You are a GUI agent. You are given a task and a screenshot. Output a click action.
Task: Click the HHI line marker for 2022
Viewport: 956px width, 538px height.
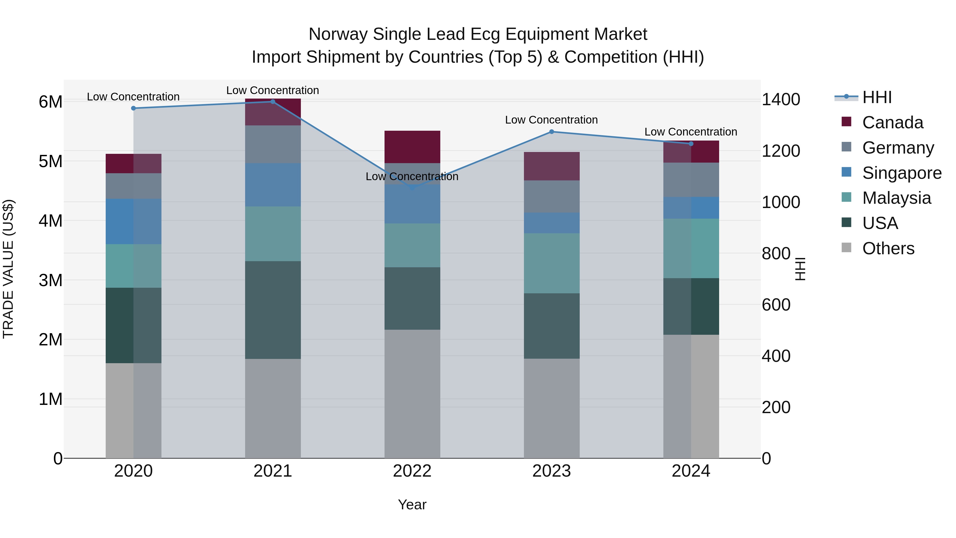click(x=412, y=188)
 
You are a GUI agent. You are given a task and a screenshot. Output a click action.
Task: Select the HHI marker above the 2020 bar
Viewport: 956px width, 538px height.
click(x=134, y=108)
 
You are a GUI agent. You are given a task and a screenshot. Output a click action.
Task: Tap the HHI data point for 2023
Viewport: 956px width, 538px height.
click(x=552, y=132)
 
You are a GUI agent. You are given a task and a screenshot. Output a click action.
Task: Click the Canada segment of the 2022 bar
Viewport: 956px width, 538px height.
click(x=412, y=147)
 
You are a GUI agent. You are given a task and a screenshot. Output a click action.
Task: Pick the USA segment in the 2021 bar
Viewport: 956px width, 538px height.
click(x=273, y=310)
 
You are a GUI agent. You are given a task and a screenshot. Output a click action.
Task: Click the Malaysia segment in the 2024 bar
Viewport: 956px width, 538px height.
click(x=691, y=248)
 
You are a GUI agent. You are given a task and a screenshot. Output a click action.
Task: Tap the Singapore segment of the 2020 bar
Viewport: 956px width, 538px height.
click(x=134, y=221)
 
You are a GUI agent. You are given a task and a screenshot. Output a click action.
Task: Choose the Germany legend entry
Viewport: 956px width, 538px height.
click(x=898, y=148)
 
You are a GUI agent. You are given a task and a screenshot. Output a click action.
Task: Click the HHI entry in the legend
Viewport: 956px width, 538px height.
click(x=877, y=97)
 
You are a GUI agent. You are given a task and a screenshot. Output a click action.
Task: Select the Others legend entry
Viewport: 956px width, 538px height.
click(x=888, y=248)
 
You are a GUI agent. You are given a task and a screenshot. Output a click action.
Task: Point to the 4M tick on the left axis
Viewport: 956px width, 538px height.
click(x=50, y=221)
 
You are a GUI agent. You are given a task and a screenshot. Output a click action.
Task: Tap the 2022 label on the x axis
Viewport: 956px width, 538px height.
click(x=412, y=471)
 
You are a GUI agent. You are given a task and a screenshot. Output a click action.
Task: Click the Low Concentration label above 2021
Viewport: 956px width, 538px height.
click(x=273, y=90)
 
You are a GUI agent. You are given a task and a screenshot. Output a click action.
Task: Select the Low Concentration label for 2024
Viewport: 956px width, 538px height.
click(x=691, y=132)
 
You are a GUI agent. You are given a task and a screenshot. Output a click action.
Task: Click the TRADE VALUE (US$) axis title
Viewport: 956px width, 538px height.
click(x=8, y=269)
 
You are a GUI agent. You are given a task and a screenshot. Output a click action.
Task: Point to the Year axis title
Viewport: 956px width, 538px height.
click(x=412, y=505)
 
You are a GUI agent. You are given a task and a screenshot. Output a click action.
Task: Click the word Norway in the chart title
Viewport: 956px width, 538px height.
click(x=339, y=34)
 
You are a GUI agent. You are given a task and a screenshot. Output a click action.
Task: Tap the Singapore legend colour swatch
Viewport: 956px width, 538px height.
click(x=847, y=172)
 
